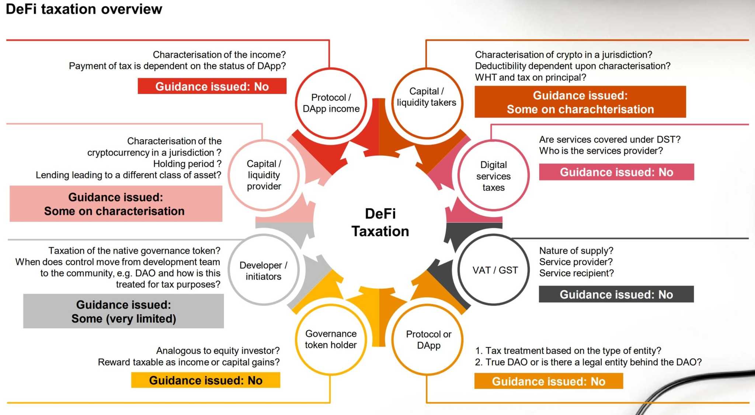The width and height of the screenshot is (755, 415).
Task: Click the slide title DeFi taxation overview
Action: pyautogui.click(x=84, y=9)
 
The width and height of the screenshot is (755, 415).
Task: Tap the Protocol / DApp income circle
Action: pyautogui.click(x=331, y=103)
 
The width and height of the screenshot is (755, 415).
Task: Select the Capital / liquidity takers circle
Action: pyautogui.click(x=427, y=97)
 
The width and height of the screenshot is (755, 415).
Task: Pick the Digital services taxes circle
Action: pyautogui.click(x=493, y=176)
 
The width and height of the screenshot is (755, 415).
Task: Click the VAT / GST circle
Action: pyautogui.click(x=495, y=270)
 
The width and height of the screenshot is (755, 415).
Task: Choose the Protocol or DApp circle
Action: pyautogui.click(x=428, y=340)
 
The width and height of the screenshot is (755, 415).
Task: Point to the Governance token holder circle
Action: pyautogui.click(x=331, y=339)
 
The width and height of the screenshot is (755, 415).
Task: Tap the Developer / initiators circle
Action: pyautogui.click(x=263, y=270)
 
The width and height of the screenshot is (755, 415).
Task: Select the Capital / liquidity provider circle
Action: pyautogui.click(x=264, y=175)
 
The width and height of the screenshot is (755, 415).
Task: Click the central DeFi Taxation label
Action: pyautogui.click(x=380, y=222)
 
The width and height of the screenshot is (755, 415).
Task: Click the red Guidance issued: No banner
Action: pyautogui.click(x=212, y=86)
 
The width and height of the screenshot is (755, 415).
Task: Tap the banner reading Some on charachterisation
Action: pyautogui.click(x=580, y=102)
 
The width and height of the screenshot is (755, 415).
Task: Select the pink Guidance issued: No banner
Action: pyautogui.click(x=616, y=172)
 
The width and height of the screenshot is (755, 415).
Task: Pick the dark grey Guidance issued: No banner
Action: pyautogui.click(x=616, y=294)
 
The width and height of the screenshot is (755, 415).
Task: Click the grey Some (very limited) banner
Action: pyautogui.click(x=123, y=311)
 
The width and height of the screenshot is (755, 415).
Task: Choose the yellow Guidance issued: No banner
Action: pyautogui.click(x=206, y=380)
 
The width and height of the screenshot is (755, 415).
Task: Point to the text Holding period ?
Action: pyautogui.click(x=187, y=164)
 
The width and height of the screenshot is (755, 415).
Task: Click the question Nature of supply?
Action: pyautogui.click(x=576, y=251)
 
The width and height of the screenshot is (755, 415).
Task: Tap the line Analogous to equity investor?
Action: pyautogui.click(x=218, y=350)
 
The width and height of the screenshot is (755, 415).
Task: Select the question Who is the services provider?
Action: pyautogui.click(x=601, y=151)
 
